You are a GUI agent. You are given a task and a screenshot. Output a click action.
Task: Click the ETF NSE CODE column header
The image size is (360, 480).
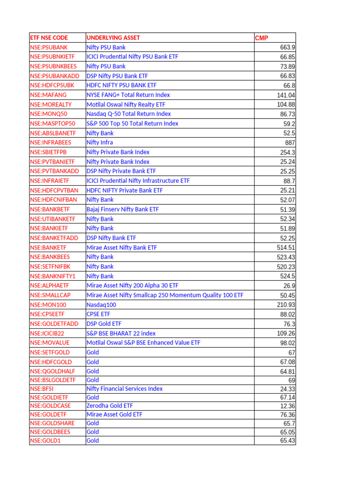(x=49, y=37)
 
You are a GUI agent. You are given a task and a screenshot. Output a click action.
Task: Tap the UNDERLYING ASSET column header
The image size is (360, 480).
(x=113, y=37)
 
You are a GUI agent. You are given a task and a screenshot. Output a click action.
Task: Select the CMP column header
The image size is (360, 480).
(x=262, y=37)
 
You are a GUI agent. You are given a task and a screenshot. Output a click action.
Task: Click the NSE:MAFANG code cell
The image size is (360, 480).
(x=48, y=95)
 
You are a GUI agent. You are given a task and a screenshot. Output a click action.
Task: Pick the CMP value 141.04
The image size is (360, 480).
(x=286, y=95)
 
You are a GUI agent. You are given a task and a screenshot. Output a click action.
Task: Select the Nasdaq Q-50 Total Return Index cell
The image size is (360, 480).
(x=128, y=114)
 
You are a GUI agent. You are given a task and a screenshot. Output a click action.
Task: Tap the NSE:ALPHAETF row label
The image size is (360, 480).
(x=49, y=285)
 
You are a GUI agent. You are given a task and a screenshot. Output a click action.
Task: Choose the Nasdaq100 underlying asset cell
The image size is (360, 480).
(x=101, y=305)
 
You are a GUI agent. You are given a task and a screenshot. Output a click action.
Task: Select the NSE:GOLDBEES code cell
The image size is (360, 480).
(x=51, y=432)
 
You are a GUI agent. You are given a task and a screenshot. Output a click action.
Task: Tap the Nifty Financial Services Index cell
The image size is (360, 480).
(x=125, y=389)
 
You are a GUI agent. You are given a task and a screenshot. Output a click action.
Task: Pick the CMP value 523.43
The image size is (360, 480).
(x=286, y=257)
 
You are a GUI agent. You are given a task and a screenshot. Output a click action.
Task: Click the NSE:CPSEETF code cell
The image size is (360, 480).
(x=47, y=314)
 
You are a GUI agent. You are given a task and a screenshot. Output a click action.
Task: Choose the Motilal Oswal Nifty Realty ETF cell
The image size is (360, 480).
(x=126, y=105)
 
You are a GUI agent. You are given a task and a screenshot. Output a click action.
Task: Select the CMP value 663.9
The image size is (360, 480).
(x=288, y=47)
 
